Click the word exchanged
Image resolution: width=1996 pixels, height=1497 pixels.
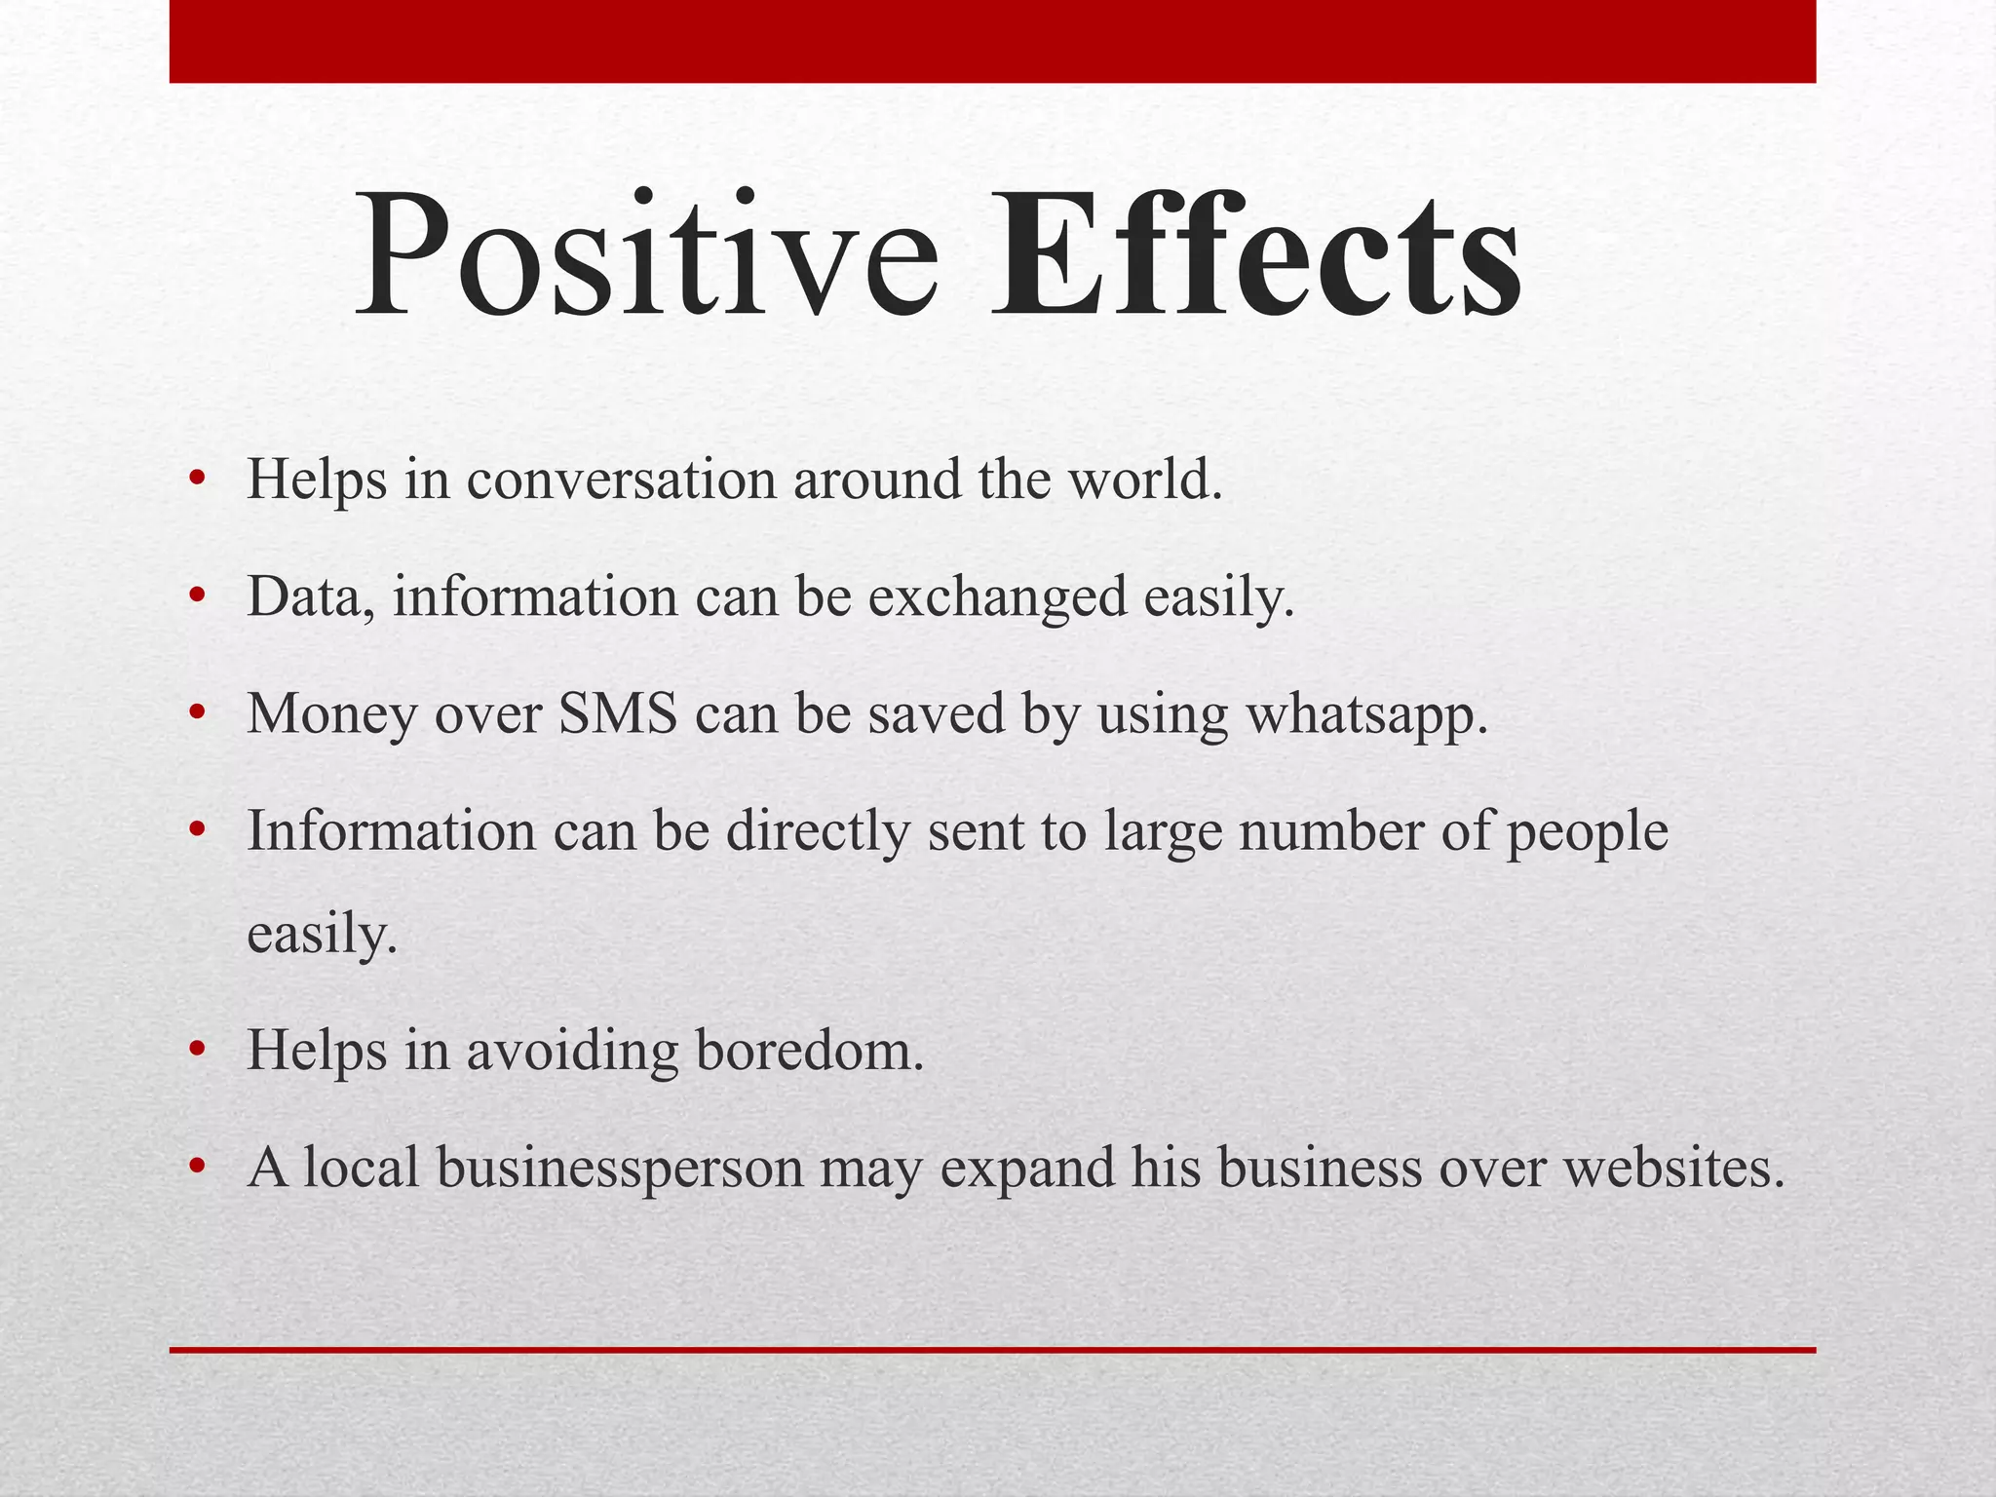point(997,596)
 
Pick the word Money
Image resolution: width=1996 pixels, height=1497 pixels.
point(331,713)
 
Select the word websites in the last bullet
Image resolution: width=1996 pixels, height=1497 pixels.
point(1673,1168)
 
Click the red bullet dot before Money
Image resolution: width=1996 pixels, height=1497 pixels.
point(198,713)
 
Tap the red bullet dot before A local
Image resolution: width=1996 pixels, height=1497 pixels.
point(198,1167)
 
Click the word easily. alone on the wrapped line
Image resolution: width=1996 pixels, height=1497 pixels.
point(323,936)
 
